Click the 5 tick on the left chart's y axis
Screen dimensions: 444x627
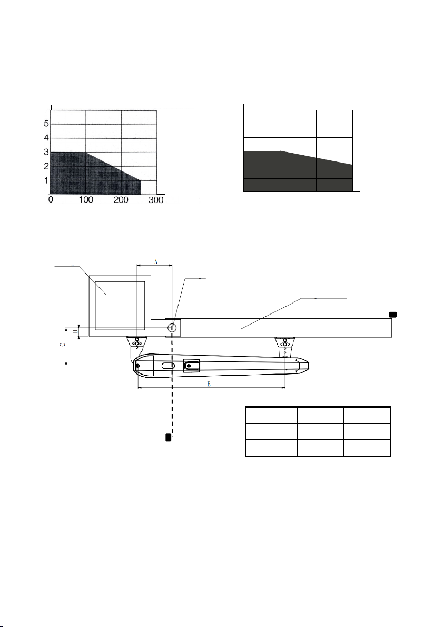click(x=46, y=124)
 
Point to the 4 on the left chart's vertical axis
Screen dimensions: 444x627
click(x=46, y=138)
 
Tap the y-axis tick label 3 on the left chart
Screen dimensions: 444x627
click(x=46, y=152)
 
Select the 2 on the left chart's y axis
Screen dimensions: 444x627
click(x=46, y=166)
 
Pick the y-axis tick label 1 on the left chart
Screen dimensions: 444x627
click(x=46, y=180)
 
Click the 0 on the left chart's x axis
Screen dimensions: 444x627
click(x=51, y=199)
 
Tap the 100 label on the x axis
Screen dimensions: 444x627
click(x=86, y=199)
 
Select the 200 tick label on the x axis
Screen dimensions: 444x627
click(x=121, y=199)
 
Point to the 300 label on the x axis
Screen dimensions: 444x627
click(x=156, y=199)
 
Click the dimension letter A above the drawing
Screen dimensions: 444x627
click(x=156, y=261)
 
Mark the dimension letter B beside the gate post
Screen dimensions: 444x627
click(x=75, y=331)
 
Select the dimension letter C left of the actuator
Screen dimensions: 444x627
click(x=61, y=345)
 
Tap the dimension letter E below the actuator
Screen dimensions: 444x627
click(x=209, y=384)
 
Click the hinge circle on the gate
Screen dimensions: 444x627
click(x=172, y=328)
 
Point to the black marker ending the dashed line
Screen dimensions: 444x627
click(x=169, y=437)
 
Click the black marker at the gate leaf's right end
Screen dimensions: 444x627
click(x=393, y=315)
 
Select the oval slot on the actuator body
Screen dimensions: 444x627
click(x=168, y=366)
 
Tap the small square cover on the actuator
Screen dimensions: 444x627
click(x=191, y=366)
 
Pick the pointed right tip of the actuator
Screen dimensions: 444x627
click(x=308, y=365)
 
